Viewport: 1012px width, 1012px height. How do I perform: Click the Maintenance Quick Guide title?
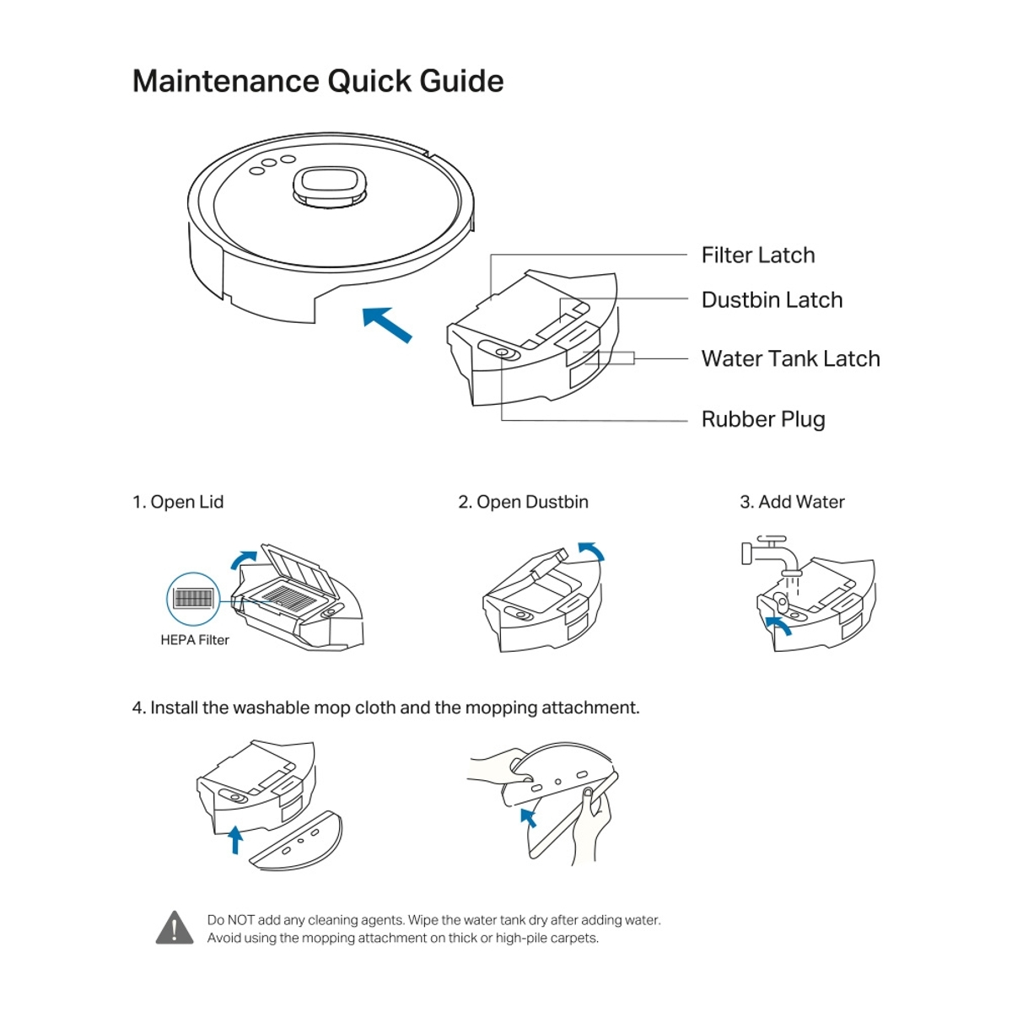coord(318,81)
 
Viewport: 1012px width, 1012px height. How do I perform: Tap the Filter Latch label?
coord(757,255)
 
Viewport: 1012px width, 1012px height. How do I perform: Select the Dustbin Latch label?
coord(772,299)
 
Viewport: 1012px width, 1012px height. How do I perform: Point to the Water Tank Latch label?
coord(790,358)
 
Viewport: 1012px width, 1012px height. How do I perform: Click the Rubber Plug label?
coord(762,419)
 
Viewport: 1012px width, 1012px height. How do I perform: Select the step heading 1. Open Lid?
coord(178,502)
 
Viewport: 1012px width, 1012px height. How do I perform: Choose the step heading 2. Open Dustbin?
coord(523,502)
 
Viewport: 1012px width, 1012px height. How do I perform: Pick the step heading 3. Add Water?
coord(792,502)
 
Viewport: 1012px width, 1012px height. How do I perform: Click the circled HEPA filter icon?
coord(193,599)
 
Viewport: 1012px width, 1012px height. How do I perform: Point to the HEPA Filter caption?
coord(195,640)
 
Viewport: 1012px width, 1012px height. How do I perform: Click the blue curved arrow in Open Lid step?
coord(244,559)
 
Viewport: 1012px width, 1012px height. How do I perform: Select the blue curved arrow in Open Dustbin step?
coord(592,550)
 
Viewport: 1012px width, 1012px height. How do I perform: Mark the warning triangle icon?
coord(175,928)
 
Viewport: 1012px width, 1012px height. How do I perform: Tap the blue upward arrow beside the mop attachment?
coord(235,839)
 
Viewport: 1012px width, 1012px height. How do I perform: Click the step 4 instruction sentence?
coord(385,708)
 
